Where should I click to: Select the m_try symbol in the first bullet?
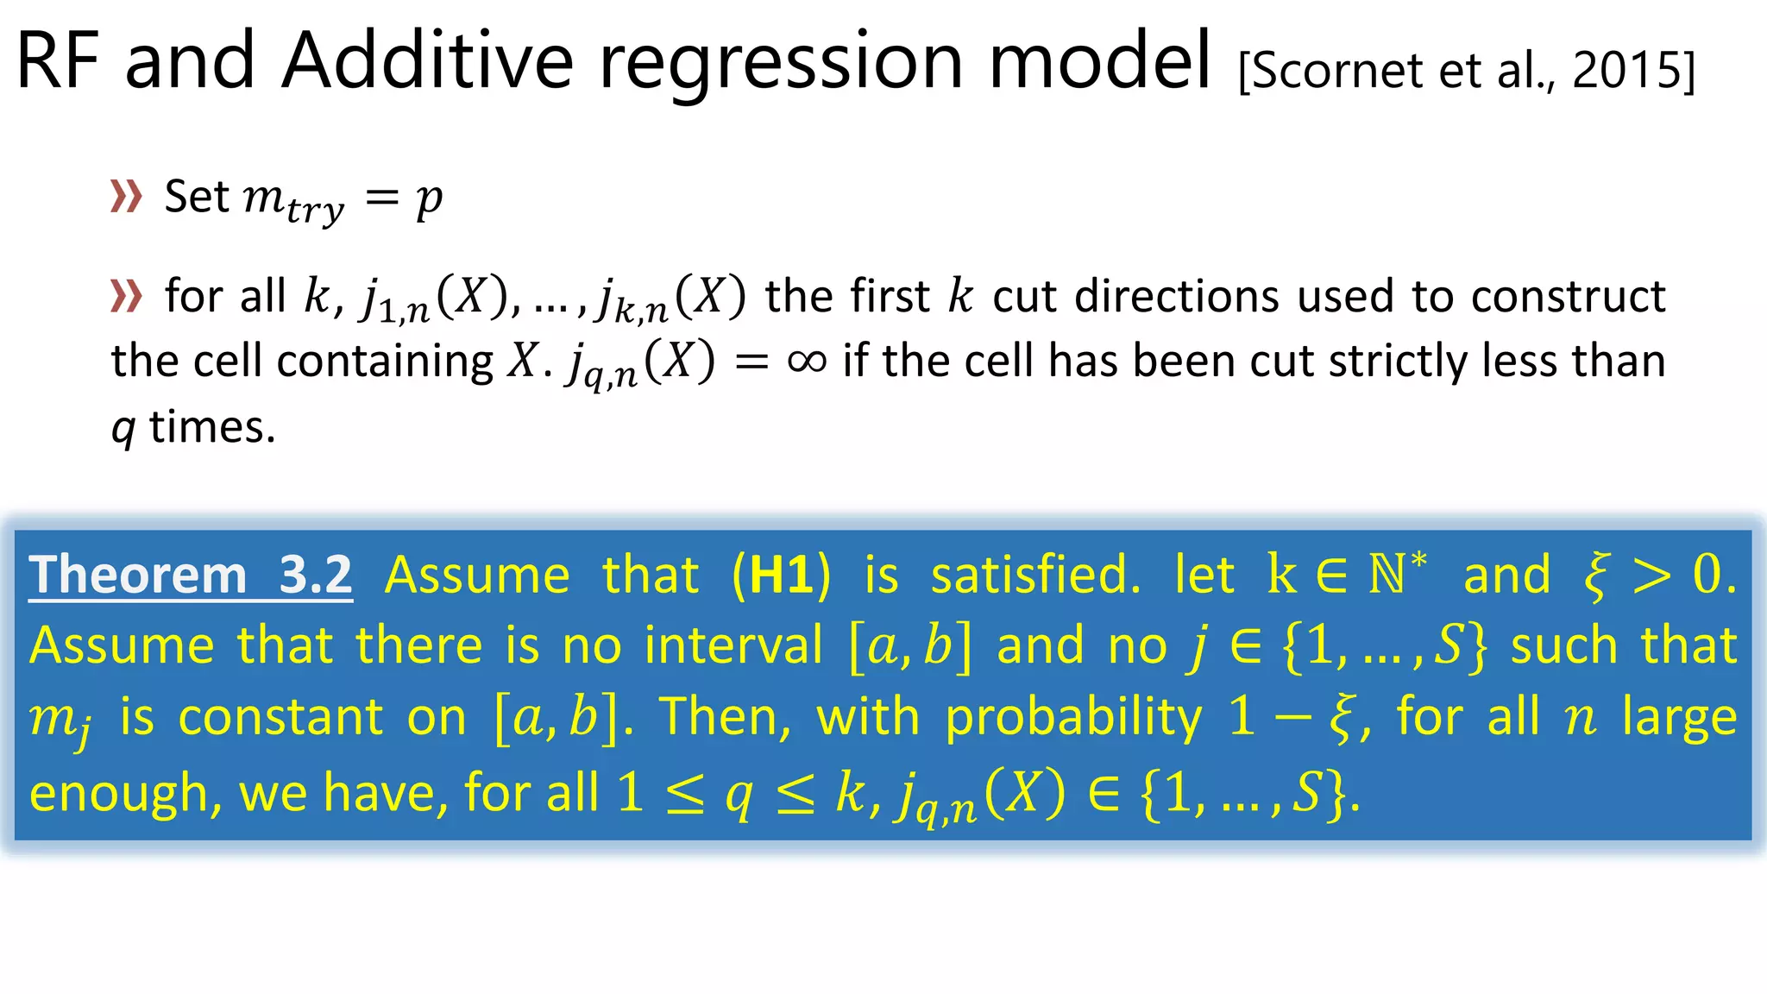pyautogui.click(x=293, y=200)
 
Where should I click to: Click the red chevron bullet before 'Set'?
pyautogui.click(x=126, y=197)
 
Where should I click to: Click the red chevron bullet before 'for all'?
pyautogui.click(x=126, y=296)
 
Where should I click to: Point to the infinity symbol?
pyautogui.click(x=807, y=361)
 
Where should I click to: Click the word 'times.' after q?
pyautogui.click(x=212, y=427)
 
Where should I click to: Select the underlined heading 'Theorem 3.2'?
pyautogui.click(x=191, y=575)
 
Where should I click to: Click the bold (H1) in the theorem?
pyautogui.click(x=782, y=575)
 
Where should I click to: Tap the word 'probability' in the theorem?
pyautogui.click(x=1072, y=717)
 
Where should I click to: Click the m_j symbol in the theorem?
pyautogui.click(x=59, y=720)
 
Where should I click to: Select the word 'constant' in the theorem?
pyautogui.click(x=280, y=717)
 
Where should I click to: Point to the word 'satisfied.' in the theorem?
pyautogui.click(x=1035, y=575)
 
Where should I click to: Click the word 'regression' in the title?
pyautogui.click(x=781, y=62)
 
